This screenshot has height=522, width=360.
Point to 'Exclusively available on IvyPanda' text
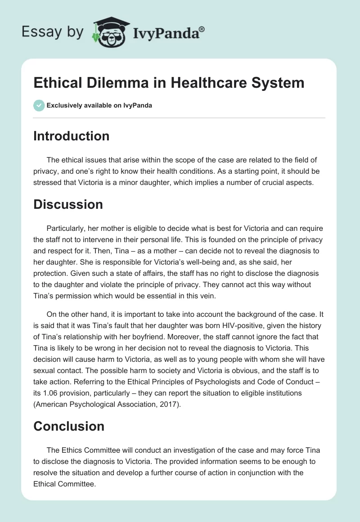click(x=99, y=105)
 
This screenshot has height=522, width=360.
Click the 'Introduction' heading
click(x=71, y=136)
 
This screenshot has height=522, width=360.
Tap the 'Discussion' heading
click(x=68, y=204)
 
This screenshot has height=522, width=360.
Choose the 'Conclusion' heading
click(x=69, y=426)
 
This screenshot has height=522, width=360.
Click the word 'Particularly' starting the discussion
click(x=67, y=228)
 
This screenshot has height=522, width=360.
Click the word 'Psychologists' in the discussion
click(x=199, y=382)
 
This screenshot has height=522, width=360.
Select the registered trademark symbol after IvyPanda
click(x=202, y=29)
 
